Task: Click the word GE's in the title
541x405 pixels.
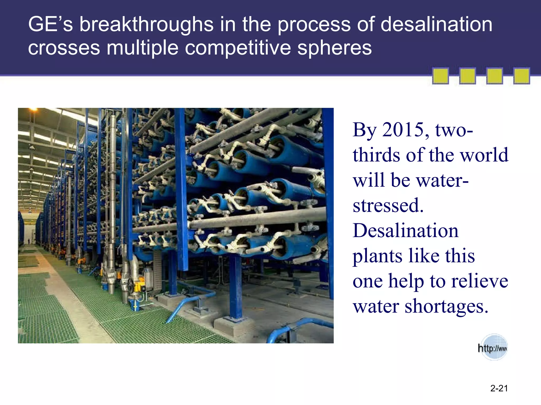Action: point(50,25)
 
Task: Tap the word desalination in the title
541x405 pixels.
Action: point(436,25)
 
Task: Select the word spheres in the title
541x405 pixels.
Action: point(334,48)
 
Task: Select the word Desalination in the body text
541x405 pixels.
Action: point(405,230)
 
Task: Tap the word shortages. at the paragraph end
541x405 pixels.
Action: point(446,306)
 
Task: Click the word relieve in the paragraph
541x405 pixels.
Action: point(479,281)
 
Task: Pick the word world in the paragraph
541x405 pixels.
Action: point(484,155)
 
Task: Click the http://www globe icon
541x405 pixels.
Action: point(493,348)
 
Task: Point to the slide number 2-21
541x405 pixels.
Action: point(499,388)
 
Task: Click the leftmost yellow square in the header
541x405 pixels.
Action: point(440,76)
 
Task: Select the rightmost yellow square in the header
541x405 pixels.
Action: point(521,76)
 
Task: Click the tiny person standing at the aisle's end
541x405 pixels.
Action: point(29,241)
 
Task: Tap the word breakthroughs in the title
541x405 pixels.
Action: point(146,25)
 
